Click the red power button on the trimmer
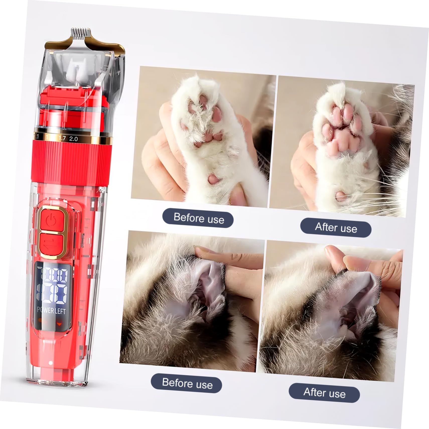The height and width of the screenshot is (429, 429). point(52,220)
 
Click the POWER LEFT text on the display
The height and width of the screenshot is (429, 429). point(51,311)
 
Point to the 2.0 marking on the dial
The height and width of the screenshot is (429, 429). point(74,139)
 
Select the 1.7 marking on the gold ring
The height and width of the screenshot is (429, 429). point(62,138)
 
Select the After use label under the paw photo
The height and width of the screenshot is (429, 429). point(336,228)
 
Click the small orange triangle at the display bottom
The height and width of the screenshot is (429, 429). point(59,324)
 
